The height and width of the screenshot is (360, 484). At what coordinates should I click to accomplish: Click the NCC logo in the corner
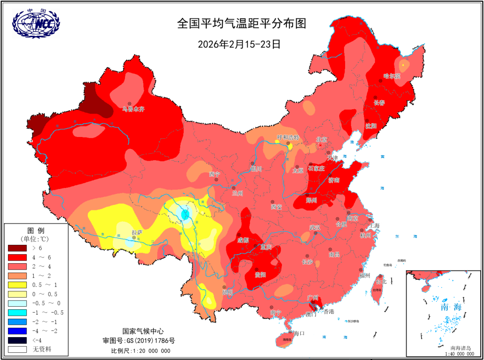35,22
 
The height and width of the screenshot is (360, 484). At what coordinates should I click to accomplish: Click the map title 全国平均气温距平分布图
242,24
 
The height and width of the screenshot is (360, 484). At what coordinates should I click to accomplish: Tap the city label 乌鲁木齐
134,109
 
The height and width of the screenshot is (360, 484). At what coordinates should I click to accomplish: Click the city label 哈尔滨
392,76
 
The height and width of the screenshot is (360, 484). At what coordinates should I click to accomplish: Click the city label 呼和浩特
287,137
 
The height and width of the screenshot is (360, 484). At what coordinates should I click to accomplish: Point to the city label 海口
299,333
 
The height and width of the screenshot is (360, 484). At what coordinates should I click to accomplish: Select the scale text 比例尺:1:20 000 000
141,351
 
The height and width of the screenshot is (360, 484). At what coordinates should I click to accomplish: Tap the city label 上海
373,226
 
